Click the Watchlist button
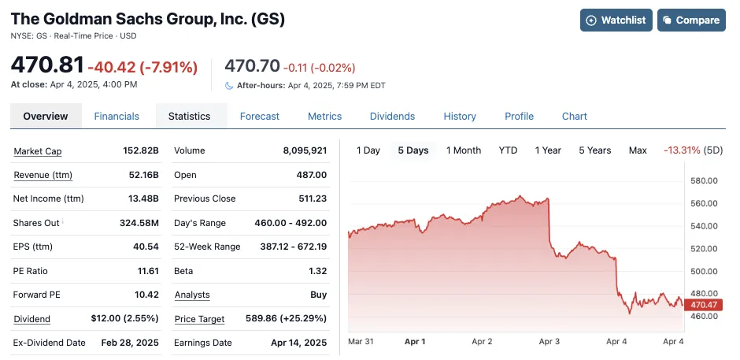coord(616,20)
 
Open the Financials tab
coord(117,116)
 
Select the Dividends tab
coord(392,116)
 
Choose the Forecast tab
coord(260,116)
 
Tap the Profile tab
coord(519,116)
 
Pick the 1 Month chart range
coord(464,150)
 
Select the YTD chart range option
coord(508,150)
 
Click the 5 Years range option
coord(594,150)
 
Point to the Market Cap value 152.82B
coord(142,150)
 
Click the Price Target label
coord(199,319)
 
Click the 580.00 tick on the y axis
coord(705,181)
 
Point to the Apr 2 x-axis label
coord(481,342)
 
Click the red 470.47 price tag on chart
coord(703,305)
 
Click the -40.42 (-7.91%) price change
coord(142,68)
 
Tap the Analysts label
coord(192,295)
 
